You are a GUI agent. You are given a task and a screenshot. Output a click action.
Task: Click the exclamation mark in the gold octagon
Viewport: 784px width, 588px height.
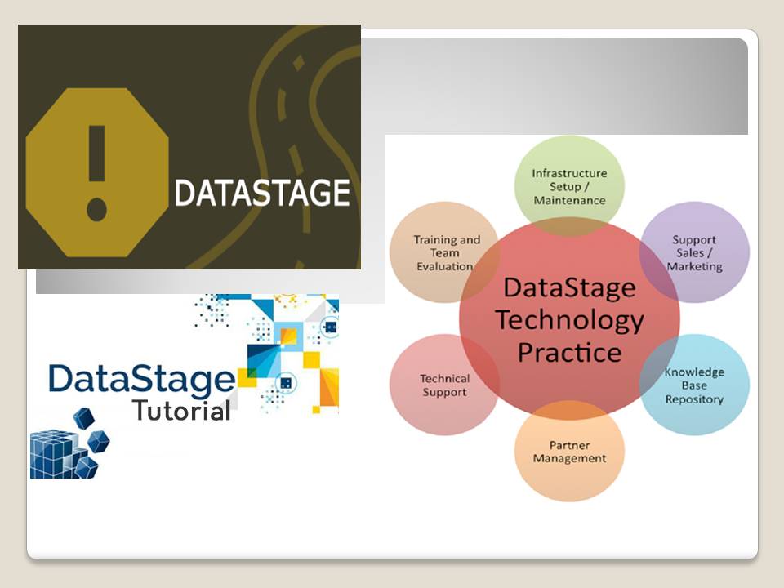pyautogui.click(x=97, y=172)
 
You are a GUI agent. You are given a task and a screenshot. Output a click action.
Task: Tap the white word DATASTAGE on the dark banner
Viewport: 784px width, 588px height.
pyautogui.click(x=262, y=194)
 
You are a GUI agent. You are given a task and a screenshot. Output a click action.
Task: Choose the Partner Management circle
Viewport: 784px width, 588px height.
pyautogui.click(x=569, y=452)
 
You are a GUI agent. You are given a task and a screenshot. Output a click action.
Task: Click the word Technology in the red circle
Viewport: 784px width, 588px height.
pyautogui.click(x=569, y=320)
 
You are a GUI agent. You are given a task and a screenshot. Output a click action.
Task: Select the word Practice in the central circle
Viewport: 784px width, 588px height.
pyautogui.click(x=569, y=353)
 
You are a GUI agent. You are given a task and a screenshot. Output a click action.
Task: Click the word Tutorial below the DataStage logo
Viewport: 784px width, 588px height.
pyautogui.click(x=181, y=411)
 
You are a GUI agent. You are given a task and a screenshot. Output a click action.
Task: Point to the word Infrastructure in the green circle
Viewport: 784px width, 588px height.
pyautogui.click(x=569, y=173)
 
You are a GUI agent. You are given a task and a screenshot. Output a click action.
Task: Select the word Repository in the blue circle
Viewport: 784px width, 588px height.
pyautogui.click(x=694, y=399)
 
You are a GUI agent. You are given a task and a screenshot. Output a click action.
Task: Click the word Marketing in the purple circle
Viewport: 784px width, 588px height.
pyautogui.click(x=694, y=266)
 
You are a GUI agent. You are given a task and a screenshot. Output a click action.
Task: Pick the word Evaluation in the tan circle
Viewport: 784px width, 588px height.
pyautogui.click(x=445, y=266)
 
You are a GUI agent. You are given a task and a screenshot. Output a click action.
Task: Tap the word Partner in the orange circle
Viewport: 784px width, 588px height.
pyautogui.click(x=569, y=445)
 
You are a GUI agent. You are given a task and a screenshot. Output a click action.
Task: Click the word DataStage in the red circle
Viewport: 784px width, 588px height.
pyautogui.click(x=569, y=287)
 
